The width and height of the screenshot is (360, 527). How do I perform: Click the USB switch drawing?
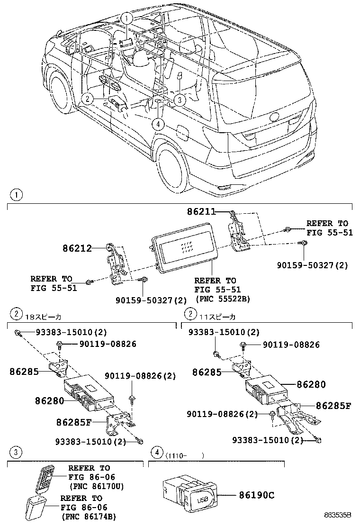pos(190,493)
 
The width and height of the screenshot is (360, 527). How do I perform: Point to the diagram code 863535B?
pos(338,515)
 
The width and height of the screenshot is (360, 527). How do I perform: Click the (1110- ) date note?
pos(185,455)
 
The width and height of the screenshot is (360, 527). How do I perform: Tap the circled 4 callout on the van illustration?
pos(158,124)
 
